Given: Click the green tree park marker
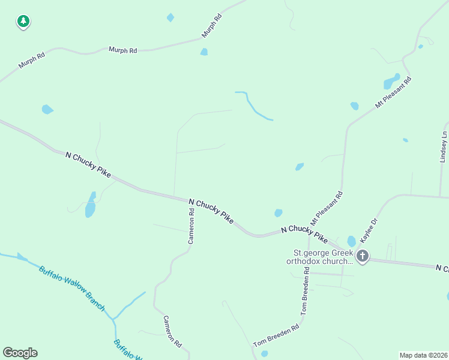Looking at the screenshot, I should coord(23,22).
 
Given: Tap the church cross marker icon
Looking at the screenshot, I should coord(362,256).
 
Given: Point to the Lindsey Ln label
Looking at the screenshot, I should coord(444,147).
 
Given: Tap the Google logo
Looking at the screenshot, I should coord(20,353).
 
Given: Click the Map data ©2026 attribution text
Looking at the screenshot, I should coord(423,355).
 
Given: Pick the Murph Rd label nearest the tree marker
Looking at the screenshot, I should coord(32,61).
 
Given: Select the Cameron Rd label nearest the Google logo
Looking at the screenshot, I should coord(172,331).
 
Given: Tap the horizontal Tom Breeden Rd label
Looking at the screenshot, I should coord(276,336).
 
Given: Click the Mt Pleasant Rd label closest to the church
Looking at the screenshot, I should coord(326,208).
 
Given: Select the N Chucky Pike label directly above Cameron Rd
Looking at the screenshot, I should coord(211,211).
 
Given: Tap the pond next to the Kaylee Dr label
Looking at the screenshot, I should coord(351,241).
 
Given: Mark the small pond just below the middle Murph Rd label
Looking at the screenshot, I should coord(204,52).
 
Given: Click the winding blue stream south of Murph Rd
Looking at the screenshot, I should coord(255,107).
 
